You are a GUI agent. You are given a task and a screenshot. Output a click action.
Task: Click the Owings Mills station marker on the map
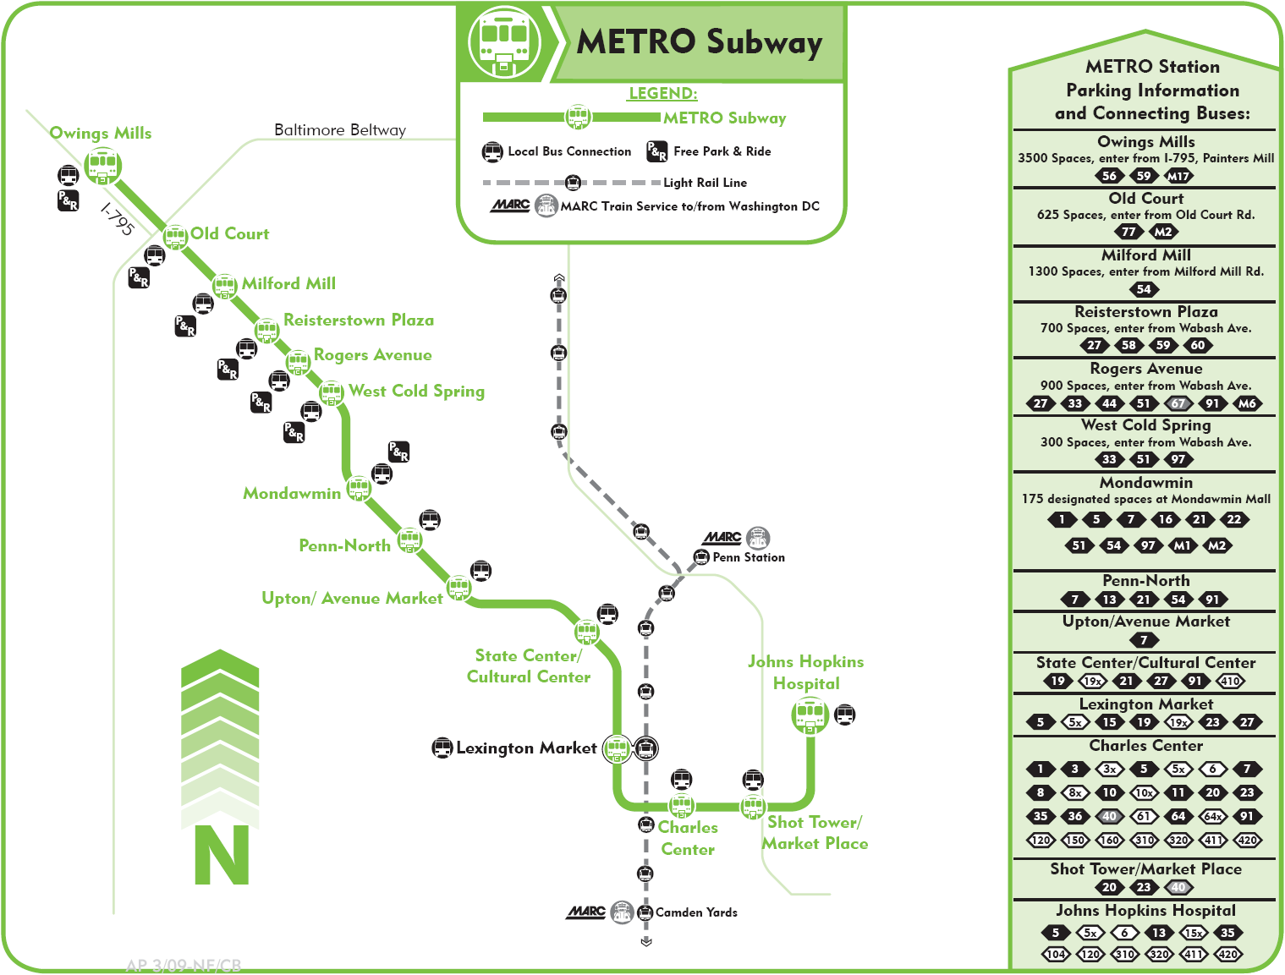[x=102, y=166]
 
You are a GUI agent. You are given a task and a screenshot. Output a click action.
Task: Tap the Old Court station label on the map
[x=229, y=234]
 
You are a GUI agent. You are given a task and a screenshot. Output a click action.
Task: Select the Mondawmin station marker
[x=359, y=488]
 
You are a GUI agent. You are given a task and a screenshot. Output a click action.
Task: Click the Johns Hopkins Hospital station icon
[x=810, y=715]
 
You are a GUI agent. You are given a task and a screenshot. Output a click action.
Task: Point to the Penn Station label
[x=749, y=557]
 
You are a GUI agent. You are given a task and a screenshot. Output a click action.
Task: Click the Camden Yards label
[x=696, y=912]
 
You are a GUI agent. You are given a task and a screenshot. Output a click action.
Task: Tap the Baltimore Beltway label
[x=340, y=130]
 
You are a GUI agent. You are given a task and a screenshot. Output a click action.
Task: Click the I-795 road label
[x=118, y=218]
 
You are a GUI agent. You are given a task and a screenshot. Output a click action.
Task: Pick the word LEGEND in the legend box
[x=663, y=94]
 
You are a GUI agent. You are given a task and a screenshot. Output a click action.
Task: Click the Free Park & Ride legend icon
[x=656, y=151]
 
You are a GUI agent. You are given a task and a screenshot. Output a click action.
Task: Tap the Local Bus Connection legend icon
[x=492, y=152]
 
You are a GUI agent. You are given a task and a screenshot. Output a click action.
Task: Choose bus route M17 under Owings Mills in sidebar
[x=1178, y=176]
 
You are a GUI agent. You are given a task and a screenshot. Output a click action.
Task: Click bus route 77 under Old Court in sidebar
[x=1128, y=232]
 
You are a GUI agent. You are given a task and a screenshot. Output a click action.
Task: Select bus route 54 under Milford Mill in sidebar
[x=1144, y=289]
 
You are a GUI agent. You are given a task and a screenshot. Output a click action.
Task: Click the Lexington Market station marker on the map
[x=617, y=748]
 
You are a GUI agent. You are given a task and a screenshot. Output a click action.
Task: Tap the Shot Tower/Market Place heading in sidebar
[x=1145, y=869]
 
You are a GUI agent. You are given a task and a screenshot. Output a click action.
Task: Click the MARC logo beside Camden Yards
[x=586, y=912]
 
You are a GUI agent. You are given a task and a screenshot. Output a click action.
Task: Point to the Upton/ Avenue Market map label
[x=352, y=599]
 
